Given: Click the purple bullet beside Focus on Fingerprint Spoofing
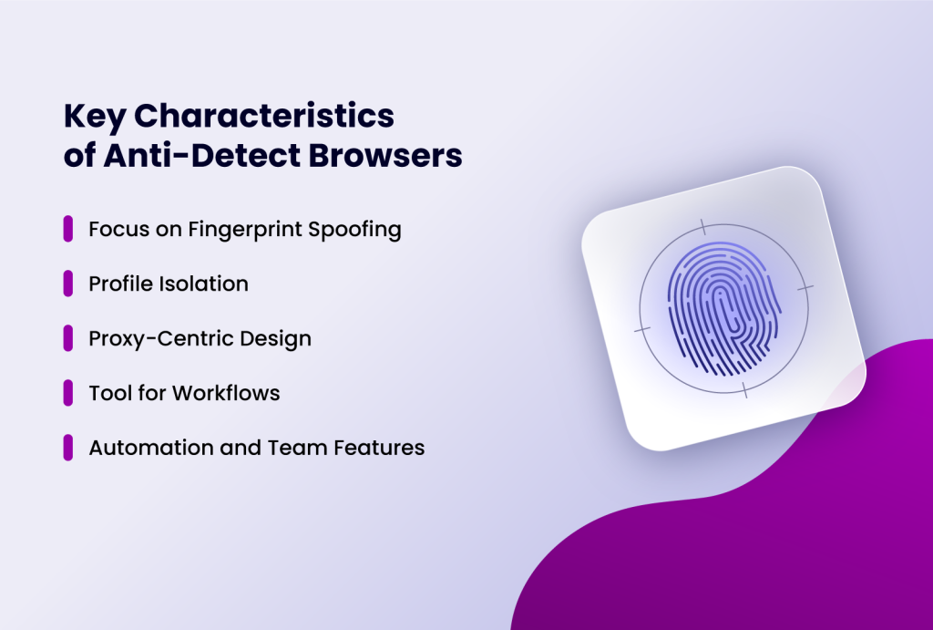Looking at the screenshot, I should pos(68,229).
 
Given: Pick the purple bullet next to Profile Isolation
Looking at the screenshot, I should pos(68,284).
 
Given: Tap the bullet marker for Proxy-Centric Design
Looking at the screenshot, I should pos(68,338).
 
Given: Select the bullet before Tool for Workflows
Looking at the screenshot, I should pos(68,393).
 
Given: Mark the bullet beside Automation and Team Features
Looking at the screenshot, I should pos(68,448).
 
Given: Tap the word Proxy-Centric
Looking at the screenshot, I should pos(148,338).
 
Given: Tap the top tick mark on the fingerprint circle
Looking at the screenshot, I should pos(702,226).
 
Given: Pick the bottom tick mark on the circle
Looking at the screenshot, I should pos(745,390).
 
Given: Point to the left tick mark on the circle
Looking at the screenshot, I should pos(642,329).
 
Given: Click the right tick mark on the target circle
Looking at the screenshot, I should pos(805,287).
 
